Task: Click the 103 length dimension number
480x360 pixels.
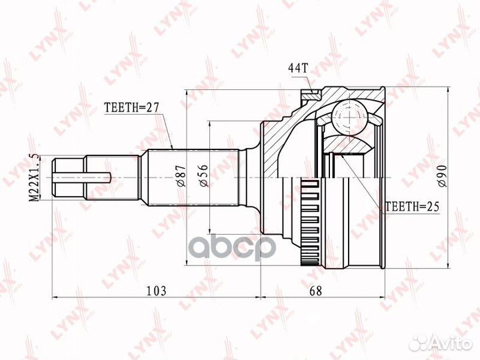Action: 156,291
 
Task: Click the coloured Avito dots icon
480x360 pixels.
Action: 419,343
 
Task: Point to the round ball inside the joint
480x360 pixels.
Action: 350,119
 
